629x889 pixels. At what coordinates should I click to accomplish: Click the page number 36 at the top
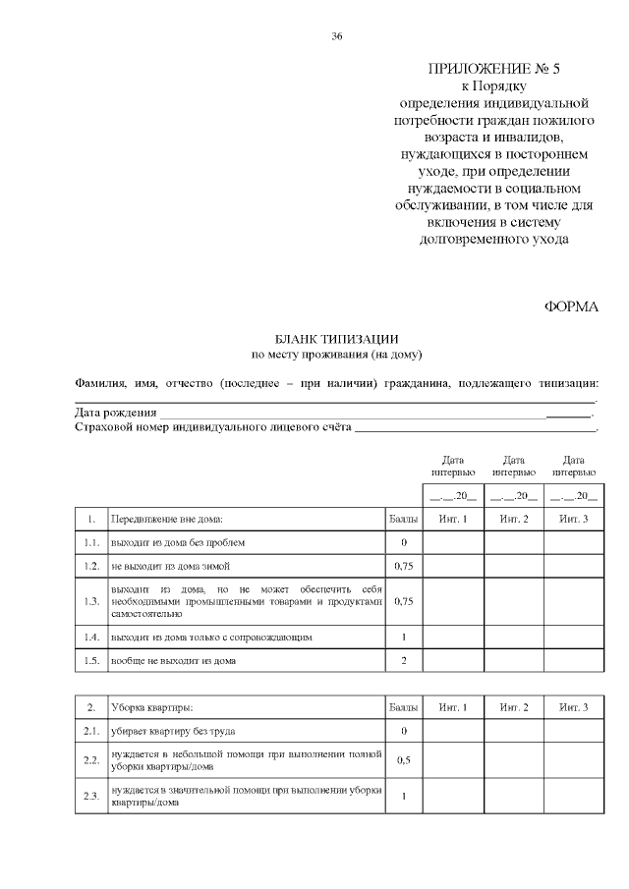[x=337, y=36]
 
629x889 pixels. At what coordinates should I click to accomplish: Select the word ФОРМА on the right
[x=571, y=306]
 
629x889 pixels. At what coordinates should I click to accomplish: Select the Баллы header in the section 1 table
[x=403, y=518]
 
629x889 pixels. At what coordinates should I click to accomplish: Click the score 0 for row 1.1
[x=403, y=542]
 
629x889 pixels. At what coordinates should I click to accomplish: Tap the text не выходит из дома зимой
[x=171, y=567]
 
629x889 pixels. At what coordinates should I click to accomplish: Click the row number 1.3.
[x=91, y=601]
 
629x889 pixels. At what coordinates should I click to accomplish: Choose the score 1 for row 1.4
[x=403, y=637]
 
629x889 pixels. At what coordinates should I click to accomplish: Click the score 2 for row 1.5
[x=403, y=661]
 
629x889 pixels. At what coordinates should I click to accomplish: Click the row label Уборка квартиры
[x=152, y=707]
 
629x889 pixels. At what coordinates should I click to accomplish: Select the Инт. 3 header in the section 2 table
[x=573, y=707]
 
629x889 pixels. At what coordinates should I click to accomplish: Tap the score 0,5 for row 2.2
[x=403, y=760]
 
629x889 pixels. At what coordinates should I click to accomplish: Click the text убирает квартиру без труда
[x=173, y=732]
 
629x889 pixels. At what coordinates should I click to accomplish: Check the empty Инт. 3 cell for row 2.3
[x=573, y=796]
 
